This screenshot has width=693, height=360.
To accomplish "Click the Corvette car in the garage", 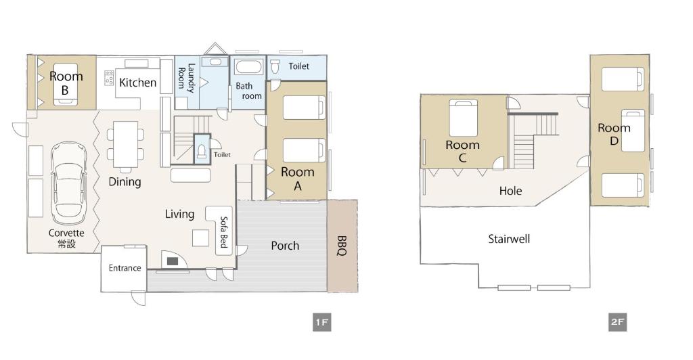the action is click(x=68, y=183).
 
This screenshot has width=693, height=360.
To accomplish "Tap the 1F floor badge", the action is click(x=321, y=322).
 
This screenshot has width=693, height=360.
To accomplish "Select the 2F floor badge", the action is click(x=617, y=322).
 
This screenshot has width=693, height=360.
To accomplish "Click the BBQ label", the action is click(x=342, y=246).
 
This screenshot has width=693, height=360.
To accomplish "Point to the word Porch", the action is click(x=285, y=246).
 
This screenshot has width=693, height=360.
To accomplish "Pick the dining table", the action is click(x=125, y=144).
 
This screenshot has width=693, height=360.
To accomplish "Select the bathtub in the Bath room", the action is click(x=249, y=67).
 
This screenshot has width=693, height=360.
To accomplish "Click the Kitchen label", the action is click(x=138, y=83).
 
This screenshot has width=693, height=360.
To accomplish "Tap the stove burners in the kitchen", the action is click(x=109, y=78).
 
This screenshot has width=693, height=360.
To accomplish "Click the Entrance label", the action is click(x=125, y=268).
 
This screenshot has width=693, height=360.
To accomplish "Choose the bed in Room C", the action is click(x=464, y=118).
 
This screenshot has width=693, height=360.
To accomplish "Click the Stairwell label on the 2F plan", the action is click(x=509, y=239).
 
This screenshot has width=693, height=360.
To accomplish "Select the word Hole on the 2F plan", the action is click(x=510, y=191).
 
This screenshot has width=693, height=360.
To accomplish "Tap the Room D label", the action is click(x=614, y=134).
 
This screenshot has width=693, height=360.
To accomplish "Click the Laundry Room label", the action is click(x=186, y=78).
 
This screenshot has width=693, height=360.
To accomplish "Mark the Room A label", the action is click(x=298, y=179).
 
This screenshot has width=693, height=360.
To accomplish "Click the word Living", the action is click(x=179, y=215).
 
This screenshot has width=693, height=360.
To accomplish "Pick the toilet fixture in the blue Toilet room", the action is click(x=275, y=67).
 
